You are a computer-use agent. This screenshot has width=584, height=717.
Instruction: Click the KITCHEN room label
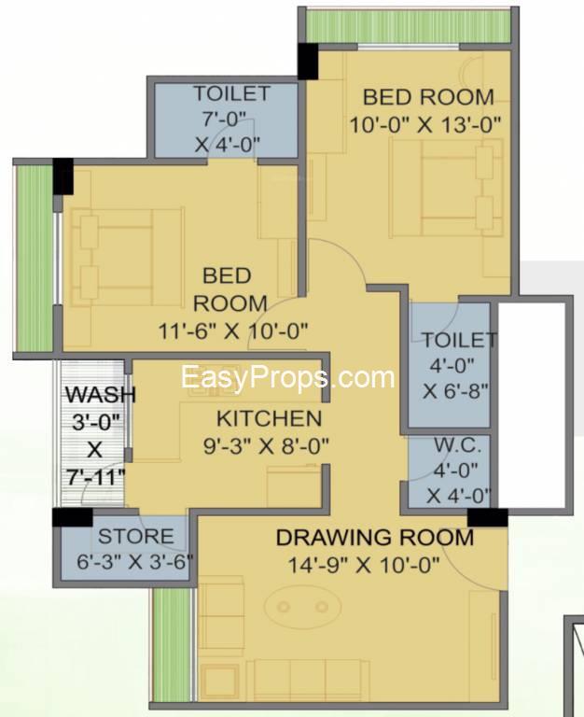pyautogui.click(x=269, y=417)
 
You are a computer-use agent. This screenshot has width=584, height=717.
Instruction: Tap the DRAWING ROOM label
pyautogui.click(x=374, y=537)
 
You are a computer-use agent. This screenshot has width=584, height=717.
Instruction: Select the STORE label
pyautogui.click(x=135, y=536)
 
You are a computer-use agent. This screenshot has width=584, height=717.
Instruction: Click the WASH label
pyautogui.click(x=99, y=394)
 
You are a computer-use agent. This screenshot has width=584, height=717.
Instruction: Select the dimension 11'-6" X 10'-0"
pyautogui.click(x=233, y=330)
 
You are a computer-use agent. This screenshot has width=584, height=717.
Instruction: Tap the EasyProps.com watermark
pyautogui.click(x=287, y=377)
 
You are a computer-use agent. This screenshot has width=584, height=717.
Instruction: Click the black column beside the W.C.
pyautogui.click(x=487, y=516)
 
